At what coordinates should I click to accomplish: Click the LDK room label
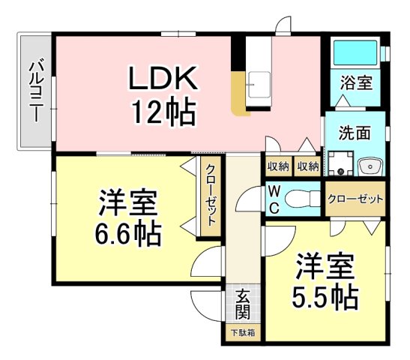(163, 78)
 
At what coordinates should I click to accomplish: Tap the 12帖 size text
(164, 111)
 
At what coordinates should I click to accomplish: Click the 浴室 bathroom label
(356, 82)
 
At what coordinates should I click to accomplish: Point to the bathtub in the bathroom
(355, 52)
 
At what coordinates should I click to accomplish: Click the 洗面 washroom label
(355, 133)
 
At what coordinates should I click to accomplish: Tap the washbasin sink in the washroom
(371, 166)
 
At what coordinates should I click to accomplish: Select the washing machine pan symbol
(341, 163)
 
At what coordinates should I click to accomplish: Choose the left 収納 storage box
(279, 166)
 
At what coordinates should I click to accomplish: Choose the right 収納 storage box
(308, 166)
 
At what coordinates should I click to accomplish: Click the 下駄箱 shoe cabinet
(243, 332)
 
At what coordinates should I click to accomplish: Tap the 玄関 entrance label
(243, 304)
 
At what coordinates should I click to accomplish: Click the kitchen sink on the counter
(259, 85)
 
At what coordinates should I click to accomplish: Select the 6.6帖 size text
(127, 233)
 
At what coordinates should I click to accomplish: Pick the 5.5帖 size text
(325, 297)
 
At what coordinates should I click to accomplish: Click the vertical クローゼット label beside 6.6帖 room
(211, 196)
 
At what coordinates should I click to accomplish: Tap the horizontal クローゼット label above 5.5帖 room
(355, 199)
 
